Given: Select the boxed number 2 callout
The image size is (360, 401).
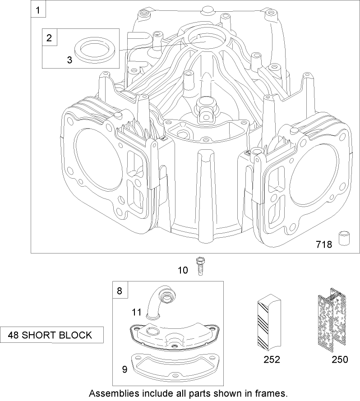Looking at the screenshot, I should (x=50, y=37).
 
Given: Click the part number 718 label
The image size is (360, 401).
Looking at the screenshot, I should (x=323, y=244).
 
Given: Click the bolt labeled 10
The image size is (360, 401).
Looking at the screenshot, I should (x=198, y=266).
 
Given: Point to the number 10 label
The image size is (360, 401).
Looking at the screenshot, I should (x=183, y=270).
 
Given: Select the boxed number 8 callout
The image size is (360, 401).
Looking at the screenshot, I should (x=120, y=291).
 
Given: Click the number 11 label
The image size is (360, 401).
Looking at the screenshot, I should (x=136, y=311).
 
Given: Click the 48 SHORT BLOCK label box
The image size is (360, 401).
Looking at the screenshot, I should (x=51, y=335).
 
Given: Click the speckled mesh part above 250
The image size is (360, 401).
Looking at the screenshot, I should (x=332, y=321).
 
